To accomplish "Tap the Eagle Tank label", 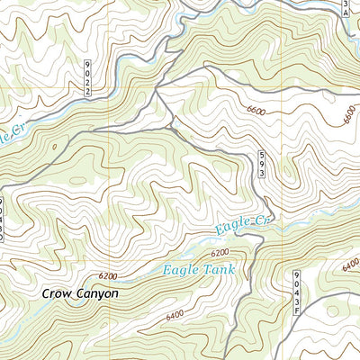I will coord(199,268).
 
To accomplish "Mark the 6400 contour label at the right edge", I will coord(349,265).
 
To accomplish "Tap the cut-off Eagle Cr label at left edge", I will coord(6,135).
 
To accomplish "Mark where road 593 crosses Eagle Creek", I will coord(258,236).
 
